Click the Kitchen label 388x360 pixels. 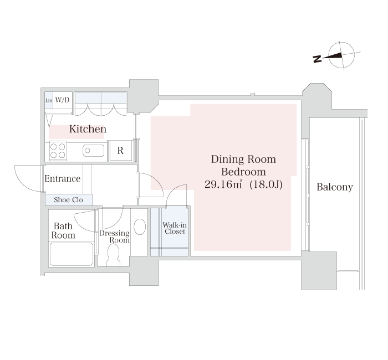(x=88, y=129)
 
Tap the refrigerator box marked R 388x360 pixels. (x=120, y=151)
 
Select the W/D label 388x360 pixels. (x=62, y=100)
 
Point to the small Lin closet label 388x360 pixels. (x=49, y=100)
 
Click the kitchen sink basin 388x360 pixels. (x=93, y=151)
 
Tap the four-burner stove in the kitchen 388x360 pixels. (x=58, y=151)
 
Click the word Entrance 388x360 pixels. (x=62, y=178)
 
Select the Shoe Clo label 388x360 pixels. (x=68, y=200)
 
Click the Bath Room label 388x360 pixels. (x=63, y=231)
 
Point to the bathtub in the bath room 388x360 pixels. (x=72, y=254)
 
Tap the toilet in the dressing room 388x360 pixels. (x=113, y=255)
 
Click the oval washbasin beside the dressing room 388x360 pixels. (x=140, y=227)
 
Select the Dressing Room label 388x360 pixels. (x=114, y=236)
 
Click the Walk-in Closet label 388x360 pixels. (x=175, y=228)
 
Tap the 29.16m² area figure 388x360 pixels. (x=223, y=184)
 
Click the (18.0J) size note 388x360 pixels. (x=266, y=184)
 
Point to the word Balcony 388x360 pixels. (x=335, y=187)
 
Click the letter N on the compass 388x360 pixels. (x=317, y=59)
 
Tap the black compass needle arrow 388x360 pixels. (x=333, y=56)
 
